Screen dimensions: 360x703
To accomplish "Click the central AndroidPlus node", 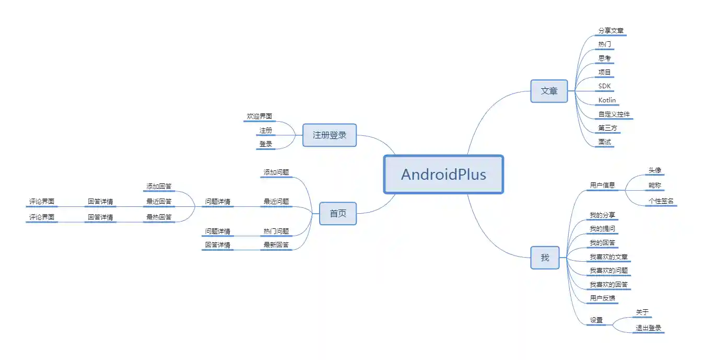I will point(443,174).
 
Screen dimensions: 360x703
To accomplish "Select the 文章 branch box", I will point(549,91).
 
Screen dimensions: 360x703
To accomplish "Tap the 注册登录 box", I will point(330,135).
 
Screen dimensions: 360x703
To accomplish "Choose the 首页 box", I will point(338,213).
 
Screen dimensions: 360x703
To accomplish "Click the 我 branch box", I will point(545,258).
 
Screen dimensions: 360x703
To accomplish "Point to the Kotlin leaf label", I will point(607,100).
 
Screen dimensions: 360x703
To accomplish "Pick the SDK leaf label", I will point(604,86).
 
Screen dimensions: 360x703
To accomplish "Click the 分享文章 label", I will point(611,30).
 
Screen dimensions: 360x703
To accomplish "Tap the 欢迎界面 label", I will point(260,116).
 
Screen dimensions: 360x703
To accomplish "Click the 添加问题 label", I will point(276,172).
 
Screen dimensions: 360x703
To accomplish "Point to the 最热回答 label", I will point(159,217).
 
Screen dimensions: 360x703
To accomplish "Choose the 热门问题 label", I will point(276,231).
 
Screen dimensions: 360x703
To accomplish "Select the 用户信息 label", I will point(602,185).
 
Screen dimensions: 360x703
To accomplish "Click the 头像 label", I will point(655,170).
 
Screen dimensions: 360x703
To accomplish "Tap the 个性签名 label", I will point(661,201).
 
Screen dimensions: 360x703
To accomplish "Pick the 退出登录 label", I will point(648,328).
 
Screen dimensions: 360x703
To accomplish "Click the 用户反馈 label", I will point(602,298).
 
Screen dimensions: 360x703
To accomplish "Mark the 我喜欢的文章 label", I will point(608,257).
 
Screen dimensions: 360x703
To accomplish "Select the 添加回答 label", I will point(159,186).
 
